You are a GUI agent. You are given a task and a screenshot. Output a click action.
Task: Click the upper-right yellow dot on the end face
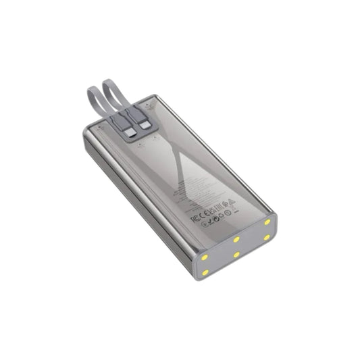point(267,222)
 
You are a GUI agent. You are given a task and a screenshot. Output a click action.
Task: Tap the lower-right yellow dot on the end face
point(267,237)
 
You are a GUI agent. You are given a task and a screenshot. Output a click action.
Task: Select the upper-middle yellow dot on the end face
point(236,238)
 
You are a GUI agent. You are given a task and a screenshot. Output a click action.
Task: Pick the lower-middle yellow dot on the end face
point(236,255)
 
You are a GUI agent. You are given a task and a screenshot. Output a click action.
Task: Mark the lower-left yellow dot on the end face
point(205,272)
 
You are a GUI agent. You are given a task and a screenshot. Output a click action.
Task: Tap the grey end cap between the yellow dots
point(236,247)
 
